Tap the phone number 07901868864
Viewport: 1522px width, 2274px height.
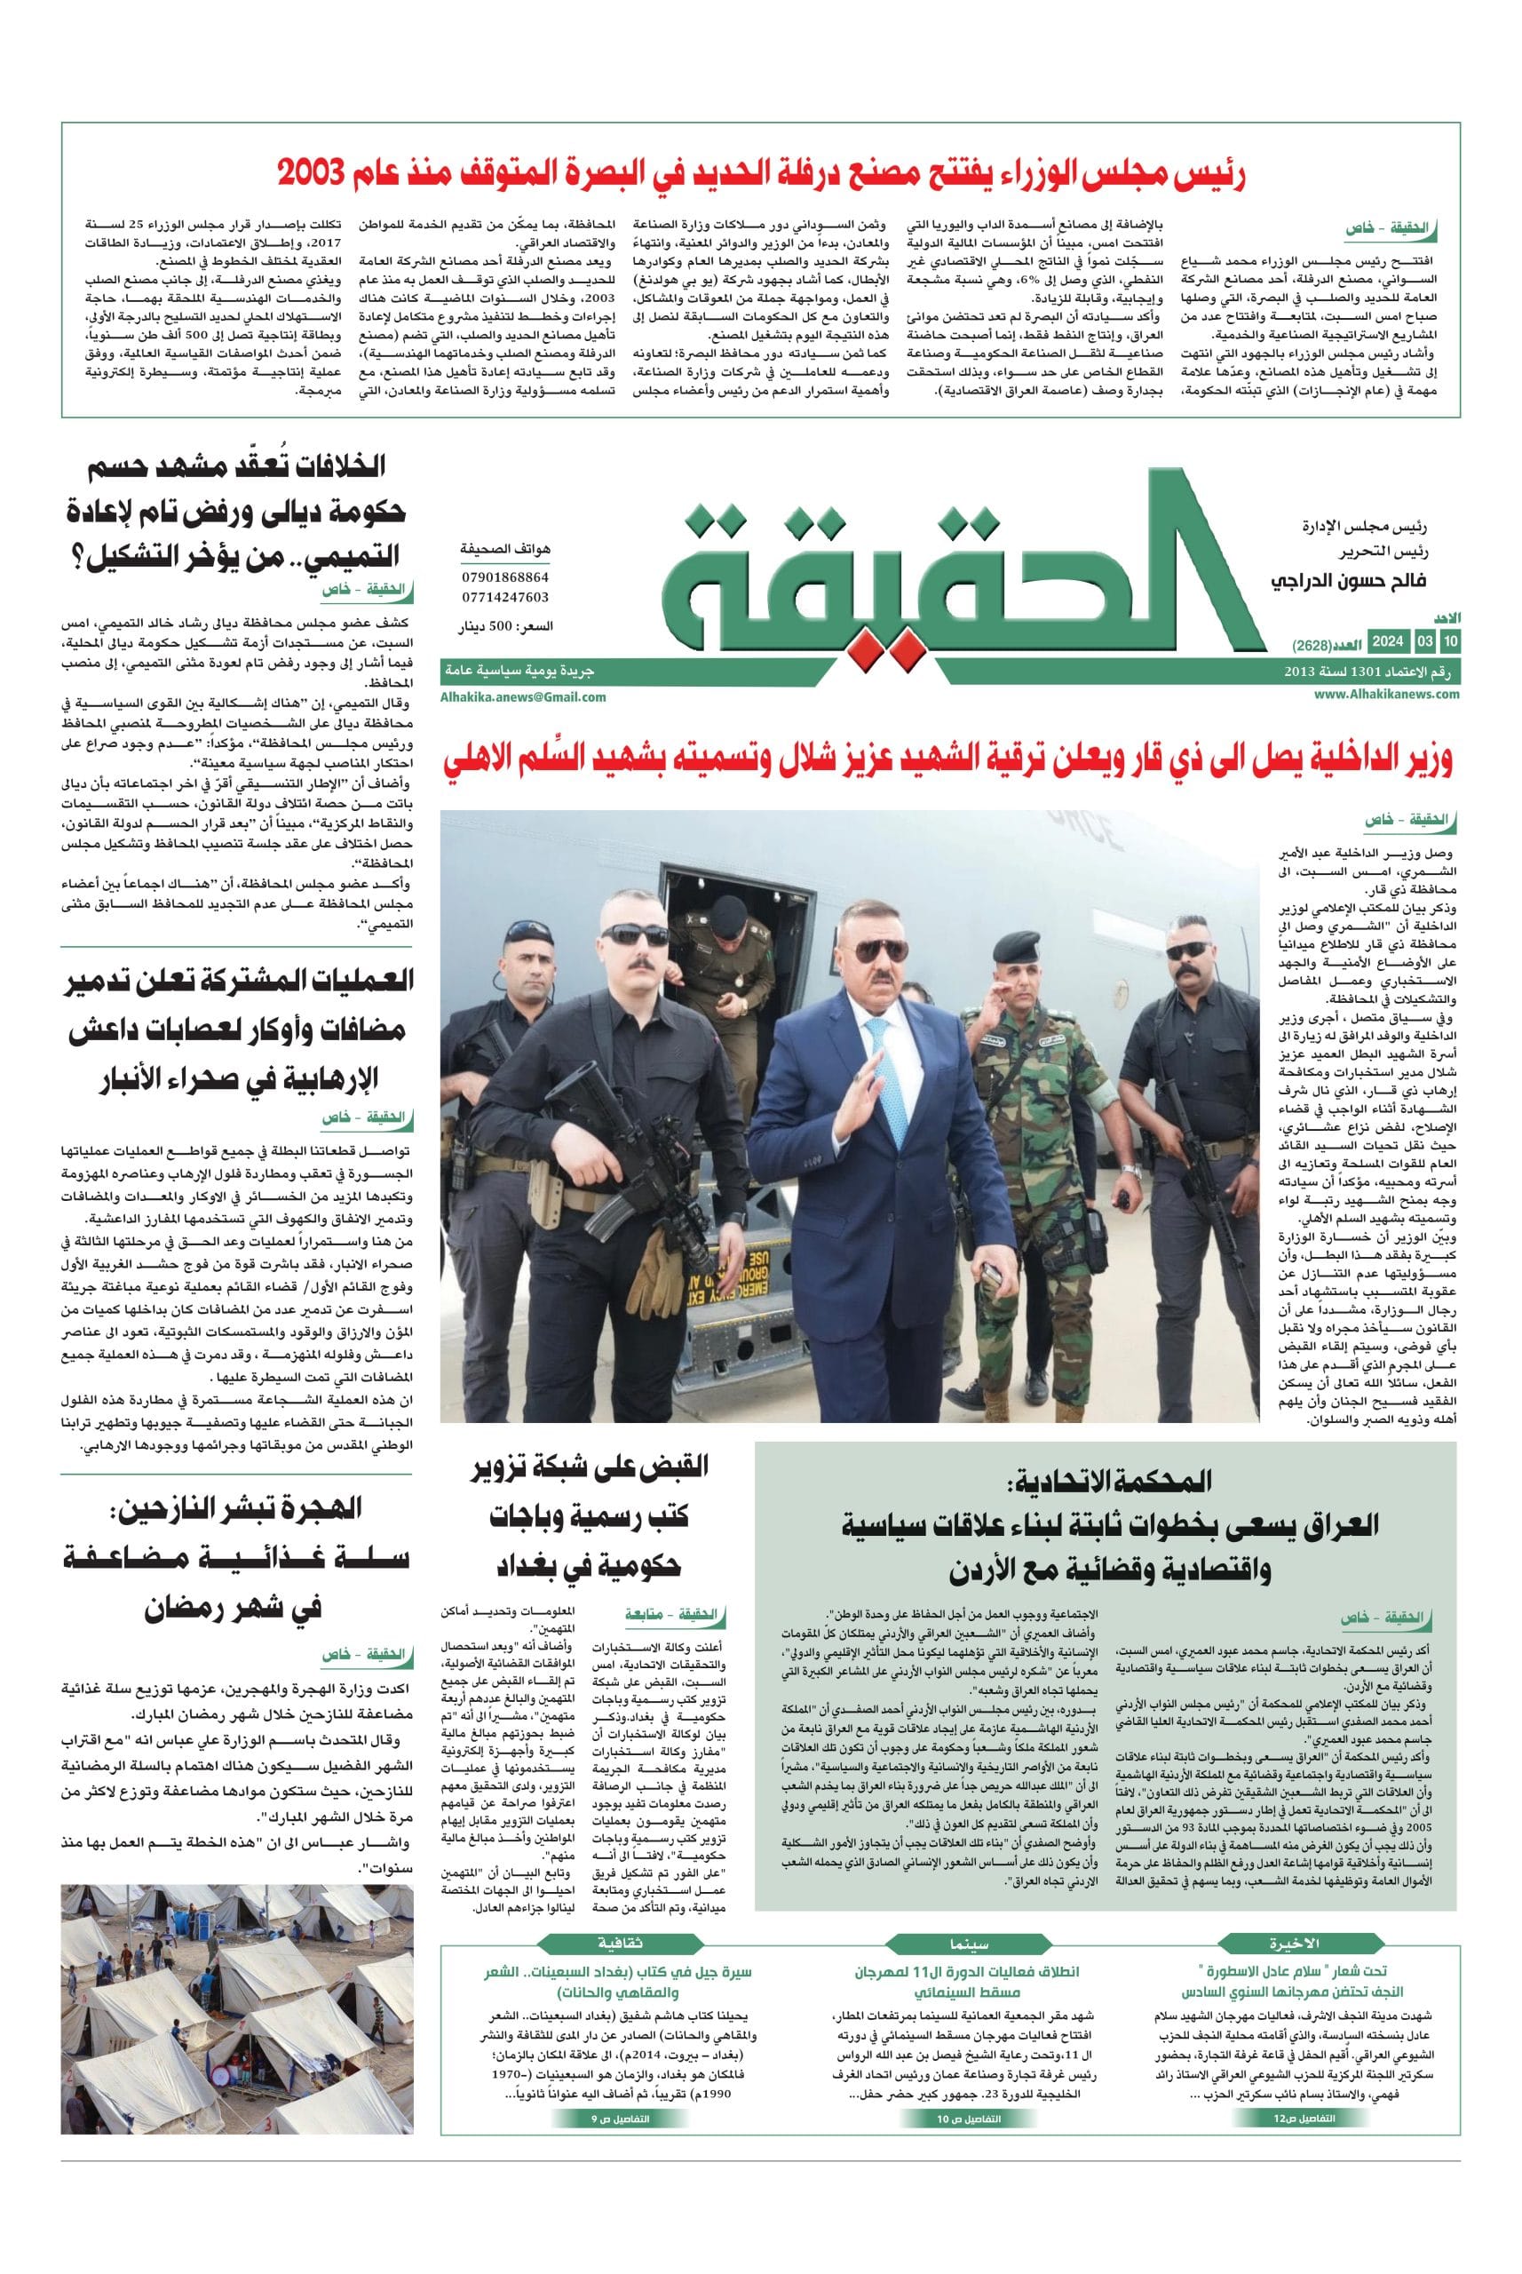click(506, 576)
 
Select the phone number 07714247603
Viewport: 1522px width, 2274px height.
click(506, 597)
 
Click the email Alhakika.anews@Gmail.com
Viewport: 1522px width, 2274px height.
click(523, 696)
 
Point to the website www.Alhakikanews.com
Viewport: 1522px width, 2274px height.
click(1387, 695)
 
